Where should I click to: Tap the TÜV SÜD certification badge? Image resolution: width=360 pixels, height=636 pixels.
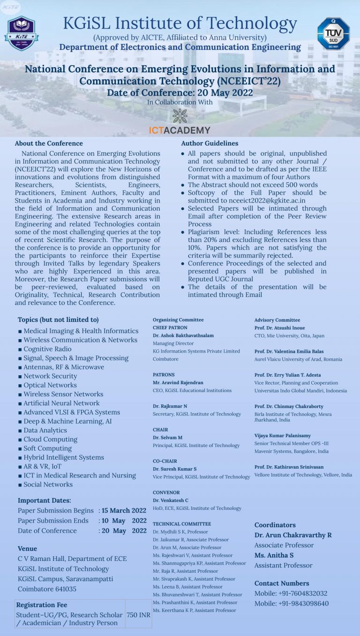pyautogui.click(x=333, y=34)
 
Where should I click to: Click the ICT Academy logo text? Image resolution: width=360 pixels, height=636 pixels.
pyautogui.click(x=180, y=130)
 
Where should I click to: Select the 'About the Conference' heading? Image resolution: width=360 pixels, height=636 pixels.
pyautogui.click(x=49, y=144)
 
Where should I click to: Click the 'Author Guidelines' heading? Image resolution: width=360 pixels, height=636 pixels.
pyautogui.click(x=210, y=144)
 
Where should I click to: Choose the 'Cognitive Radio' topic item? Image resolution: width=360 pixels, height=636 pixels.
pyautogui.click(x=47, y=349)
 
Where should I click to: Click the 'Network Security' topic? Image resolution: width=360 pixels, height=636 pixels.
pyautogui.click(x=50, y=376)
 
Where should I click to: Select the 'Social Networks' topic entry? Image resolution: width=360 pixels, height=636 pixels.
pyautogui.click(x=48, y=485)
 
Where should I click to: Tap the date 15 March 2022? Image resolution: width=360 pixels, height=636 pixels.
pyautogui.click(x=124, y=510)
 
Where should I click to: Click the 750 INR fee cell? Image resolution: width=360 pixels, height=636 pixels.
pyautogui.click(x=138, y=614)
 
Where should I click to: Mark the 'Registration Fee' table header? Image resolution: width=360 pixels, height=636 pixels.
pyautogui.click(x=42, y=605)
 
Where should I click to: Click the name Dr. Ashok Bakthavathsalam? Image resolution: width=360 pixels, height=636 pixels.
pyautogui.click(x=183, y=335)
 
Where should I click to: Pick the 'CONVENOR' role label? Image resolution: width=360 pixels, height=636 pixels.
pyautogui.click(x=166, y=492)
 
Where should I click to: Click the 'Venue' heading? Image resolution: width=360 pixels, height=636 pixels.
pyautogui.click(x=27, y=548)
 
